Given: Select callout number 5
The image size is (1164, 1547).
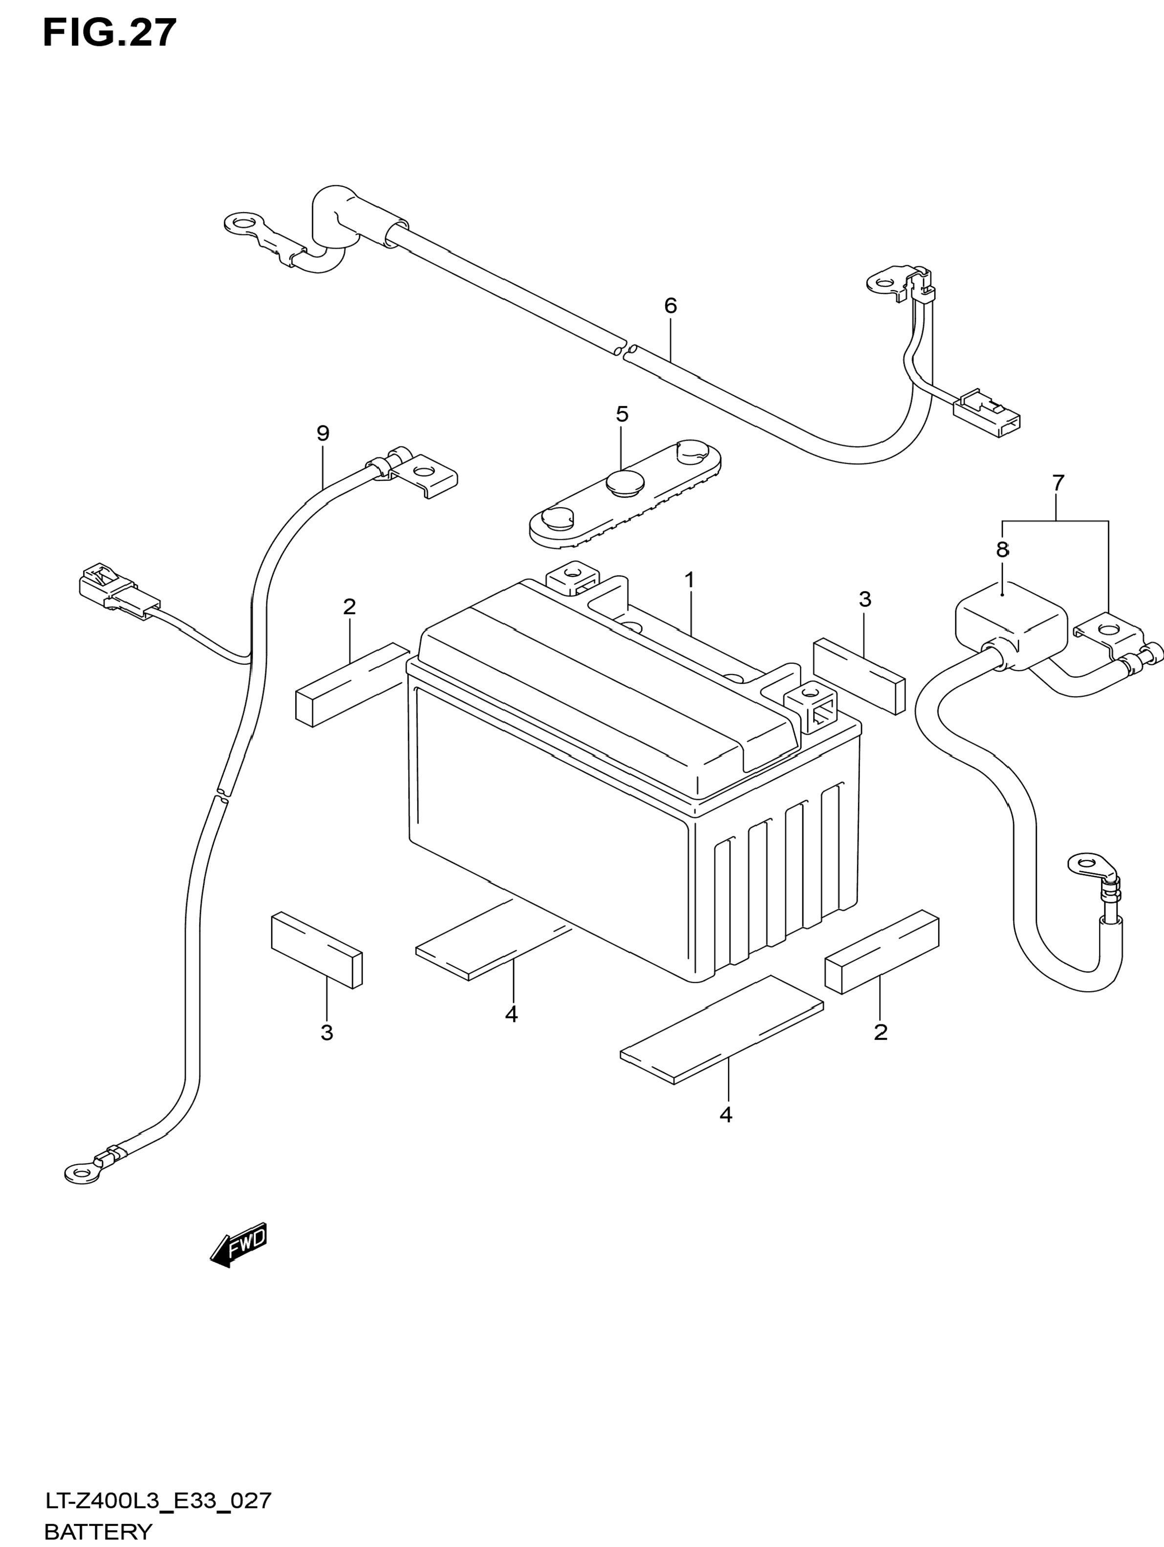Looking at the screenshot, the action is point(622,414).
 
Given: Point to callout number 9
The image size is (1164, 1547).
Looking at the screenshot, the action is point(323,434).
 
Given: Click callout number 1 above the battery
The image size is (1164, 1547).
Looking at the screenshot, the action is point(689,580).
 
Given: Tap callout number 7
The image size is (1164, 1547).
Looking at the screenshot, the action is point(1057,483).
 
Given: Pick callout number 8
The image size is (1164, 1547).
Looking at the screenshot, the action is point(1002,550).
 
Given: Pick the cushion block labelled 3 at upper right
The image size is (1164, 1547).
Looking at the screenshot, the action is point(859,676).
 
